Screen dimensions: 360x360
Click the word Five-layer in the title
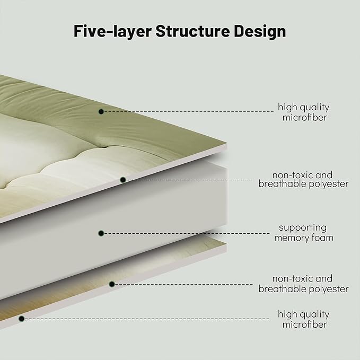coord(111,31)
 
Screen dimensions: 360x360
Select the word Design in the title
coord(260,31)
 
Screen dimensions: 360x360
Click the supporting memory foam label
coord(303,232)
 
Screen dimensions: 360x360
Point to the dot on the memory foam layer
coord(101,233)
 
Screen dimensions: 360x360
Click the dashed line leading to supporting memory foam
coord(186,233)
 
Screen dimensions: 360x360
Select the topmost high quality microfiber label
coord(303,112)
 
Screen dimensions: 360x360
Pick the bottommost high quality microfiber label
coord(303,319)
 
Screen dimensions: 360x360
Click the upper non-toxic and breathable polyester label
coord(303,179)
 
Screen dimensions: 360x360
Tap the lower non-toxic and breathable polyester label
coord(303,284)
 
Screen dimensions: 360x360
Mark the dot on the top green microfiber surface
coord(101,111)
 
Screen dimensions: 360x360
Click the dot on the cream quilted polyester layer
coord(122,180)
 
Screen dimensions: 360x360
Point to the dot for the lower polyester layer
coord(112,284)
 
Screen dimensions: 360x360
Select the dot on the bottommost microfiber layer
coord(22,319)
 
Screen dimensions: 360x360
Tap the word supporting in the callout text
coord(303,227)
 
